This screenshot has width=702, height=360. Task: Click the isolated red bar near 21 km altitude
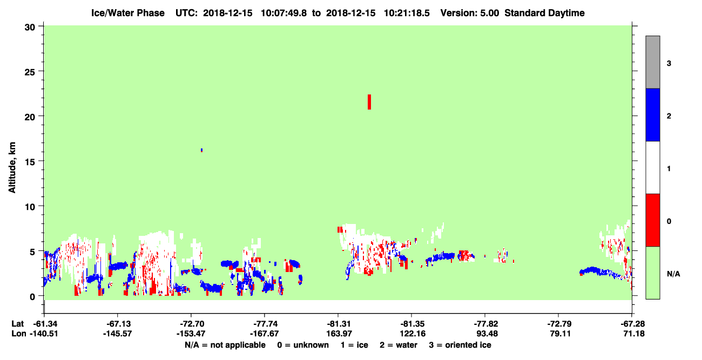(x=369, y=102)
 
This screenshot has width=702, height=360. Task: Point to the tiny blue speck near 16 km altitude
(x=201, y=150)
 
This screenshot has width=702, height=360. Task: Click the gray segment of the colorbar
(x=652, y=62)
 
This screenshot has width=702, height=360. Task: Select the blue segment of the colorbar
(x=652, y=114)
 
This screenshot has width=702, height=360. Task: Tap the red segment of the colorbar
(x=652, y=220)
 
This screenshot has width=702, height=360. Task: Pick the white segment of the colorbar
(x=652, y=167)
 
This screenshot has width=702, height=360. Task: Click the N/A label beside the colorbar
(x=673, y=274)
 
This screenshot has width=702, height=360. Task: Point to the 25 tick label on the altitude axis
(x=30, y=72)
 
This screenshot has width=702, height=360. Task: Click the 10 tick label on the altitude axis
(x=30, y=207)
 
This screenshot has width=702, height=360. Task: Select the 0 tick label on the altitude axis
(x=32, y=297)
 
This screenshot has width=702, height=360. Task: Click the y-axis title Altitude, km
(x=12, y=167)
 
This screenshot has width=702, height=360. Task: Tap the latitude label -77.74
(x=264, y=324)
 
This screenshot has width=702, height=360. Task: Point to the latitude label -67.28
(x=632, y=324)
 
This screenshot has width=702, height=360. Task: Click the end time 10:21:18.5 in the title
(x=407, y=13)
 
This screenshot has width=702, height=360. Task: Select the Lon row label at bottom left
(x=19, y=334)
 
